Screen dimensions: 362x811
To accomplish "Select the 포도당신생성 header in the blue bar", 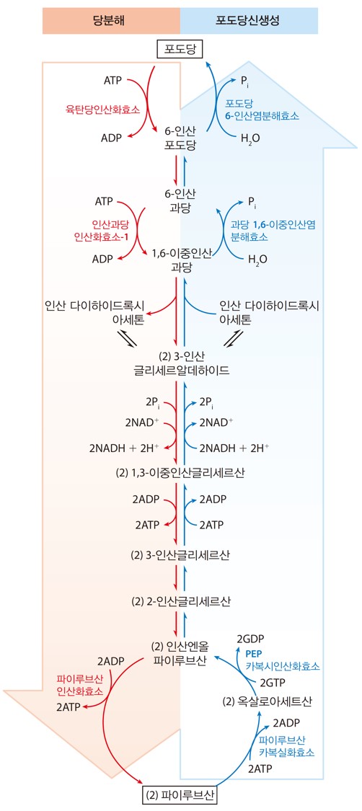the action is [x=249, y=22].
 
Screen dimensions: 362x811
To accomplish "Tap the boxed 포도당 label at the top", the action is [x=180, y=50].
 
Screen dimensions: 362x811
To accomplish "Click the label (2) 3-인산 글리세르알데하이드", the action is [x=180, y=363].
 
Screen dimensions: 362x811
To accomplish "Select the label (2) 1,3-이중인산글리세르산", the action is [x=180, y=473].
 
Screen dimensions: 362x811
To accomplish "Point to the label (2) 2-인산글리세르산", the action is [x=180, y=601].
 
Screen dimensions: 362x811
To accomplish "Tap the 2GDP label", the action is [x=251, y=639].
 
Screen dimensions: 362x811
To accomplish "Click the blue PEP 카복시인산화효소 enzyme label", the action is [x=283, y=660].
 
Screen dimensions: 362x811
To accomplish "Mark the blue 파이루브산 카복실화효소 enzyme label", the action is [x=286, y=745].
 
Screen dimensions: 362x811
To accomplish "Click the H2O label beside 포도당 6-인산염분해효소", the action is [x=251, y=138].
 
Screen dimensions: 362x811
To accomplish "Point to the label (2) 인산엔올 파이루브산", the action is [x=180, y=653].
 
